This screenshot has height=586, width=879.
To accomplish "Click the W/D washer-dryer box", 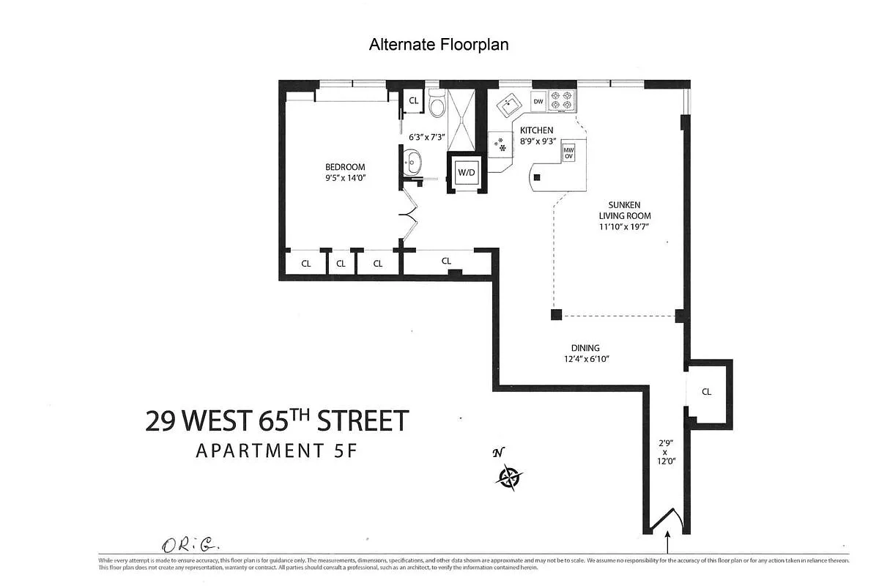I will tap(467, 173).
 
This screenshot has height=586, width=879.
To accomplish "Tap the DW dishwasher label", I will tap(538, 102).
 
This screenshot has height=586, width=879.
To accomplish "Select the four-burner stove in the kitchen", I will tap(562, 100).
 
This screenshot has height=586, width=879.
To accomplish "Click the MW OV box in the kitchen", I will tap(568, 152).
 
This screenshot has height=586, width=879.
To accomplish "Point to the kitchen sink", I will tap(508, 105).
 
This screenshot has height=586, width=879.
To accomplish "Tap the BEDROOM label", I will tap(345, 167).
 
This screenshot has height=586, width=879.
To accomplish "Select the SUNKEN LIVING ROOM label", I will tap(624, 210).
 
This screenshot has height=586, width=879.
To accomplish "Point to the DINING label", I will tap(585, 348).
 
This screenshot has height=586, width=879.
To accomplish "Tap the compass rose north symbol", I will tap(508, 478).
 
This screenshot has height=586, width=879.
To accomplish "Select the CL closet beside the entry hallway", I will tap(706, 392).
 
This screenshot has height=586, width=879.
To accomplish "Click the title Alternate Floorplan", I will tap(438, 45).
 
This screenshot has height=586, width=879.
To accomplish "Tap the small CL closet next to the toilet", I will tap(413, 101).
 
